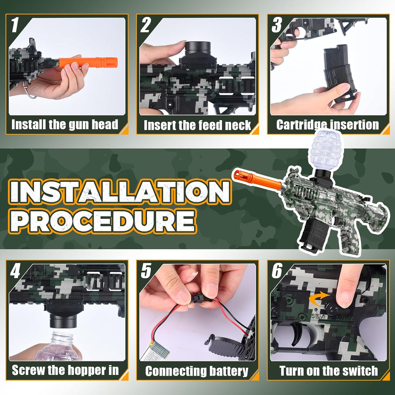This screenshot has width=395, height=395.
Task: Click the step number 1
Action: point(15,25)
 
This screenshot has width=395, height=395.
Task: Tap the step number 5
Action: point(146,271)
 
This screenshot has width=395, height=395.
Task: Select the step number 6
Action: point(277,271)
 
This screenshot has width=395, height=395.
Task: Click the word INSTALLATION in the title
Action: point(120,192)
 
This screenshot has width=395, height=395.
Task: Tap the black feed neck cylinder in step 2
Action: point(198,48)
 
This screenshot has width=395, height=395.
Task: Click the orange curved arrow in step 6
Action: point(319,298)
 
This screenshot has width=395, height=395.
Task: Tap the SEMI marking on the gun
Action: point(318,316)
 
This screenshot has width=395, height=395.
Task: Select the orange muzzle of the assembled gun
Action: point(257,179)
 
